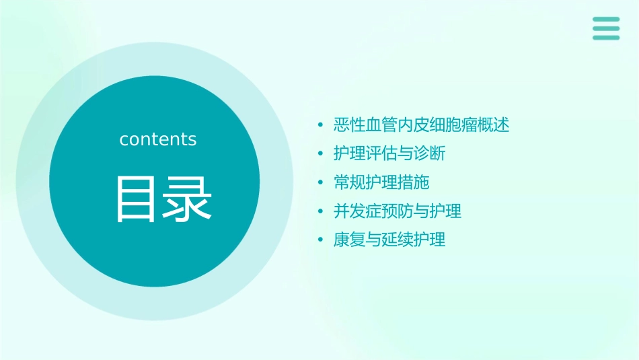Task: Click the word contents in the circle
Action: coord(158,139)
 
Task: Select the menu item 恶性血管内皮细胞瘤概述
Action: coord(421,125)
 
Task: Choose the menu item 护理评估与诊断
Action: coord(389,153)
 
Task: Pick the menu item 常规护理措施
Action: coord(381,182)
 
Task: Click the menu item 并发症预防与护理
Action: coord(398,211)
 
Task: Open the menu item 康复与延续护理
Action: coord(389,240)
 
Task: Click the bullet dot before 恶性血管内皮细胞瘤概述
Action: coord(321,126)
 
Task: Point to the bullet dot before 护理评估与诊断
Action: coord(321,154)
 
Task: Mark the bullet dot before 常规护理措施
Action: coord(321,183)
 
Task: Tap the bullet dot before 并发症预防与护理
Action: coord(321,212)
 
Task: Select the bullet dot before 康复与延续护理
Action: coord(321,240)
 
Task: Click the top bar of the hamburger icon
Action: coord(606,19)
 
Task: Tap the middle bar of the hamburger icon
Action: coord(606,28)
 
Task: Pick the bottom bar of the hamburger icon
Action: coord(606,38)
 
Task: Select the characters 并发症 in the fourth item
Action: coord(357,211)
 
